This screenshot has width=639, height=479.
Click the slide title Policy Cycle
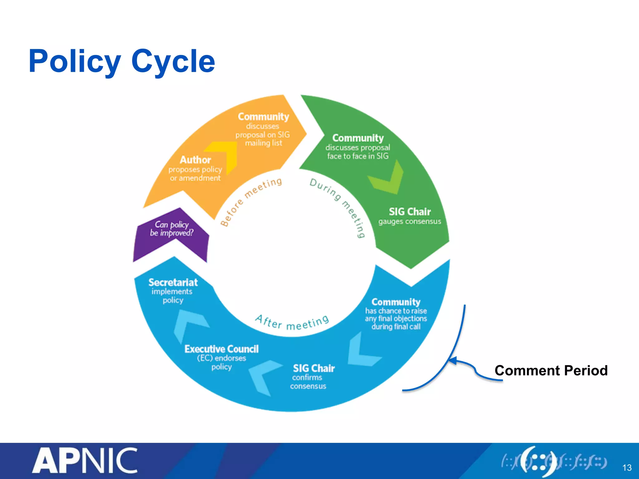[x=122, y=61]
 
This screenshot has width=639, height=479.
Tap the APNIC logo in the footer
[x=85, y=461]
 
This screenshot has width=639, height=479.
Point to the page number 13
[x=627, y=468]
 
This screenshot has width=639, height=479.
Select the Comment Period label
[x=551, y=370]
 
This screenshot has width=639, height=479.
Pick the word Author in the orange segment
[x=195, y=160]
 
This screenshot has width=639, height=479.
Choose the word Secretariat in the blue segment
[x=173, y=282]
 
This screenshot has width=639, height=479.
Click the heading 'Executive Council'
[x=222, y=349]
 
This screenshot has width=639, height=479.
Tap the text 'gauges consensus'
[x=410, y=221]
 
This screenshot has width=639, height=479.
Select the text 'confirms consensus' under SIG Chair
[x=308, y=382]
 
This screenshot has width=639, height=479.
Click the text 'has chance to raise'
[x=396, y=311]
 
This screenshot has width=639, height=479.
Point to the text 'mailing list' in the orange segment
[x=263, y=143]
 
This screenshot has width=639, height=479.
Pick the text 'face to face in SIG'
[x=358, y=156]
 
